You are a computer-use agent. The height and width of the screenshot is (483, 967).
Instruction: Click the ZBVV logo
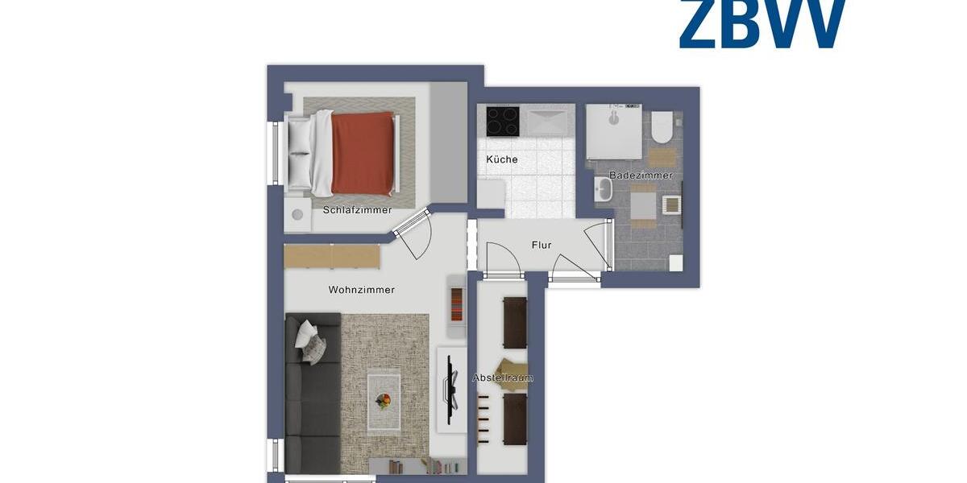pos(762,23)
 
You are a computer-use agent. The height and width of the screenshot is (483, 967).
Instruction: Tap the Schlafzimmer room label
pos(357,210)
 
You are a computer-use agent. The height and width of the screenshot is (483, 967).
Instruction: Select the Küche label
pos(501,159)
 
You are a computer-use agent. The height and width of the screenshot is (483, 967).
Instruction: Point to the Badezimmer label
pos(641,175)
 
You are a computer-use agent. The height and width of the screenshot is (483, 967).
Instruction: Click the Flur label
pos(542,245)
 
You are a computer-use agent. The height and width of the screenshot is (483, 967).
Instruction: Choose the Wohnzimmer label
pos(362,290)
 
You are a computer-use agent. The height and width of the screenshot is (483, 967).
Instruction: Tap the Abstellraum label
pos(503,378)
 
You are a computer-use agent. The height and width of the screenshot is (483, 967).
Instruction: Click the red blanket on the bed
pos(363,153)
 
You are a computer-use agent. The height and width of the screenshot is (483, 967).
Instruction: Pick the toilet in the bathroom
pos(662,126)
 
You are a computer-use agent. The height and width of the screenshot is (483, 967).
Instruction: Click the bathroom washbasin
pos(603,190)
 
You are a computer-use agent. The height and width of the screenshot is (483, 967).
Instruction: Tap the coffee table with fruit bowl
pos(384,400)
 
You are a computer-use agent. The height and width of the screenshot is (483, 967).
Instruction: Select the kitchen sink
pos(548,122)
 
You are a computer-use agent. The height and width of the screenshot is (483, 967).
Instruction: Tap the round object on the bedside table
pos(298,215)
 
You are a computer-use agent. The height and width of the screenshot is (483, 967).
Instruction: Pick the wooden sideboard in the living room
pos(332,255)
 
